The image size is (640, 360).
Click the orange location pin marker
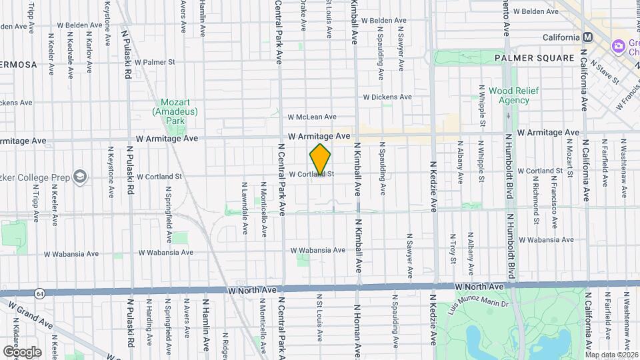point(320,160)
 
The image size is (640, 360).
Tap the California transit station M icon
point(587,37)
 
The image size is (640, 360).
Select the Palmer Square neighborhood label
point(534,58)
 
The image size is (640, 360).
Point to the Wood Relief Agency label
point(509,95)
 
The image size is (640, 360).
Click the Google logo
point(22,351)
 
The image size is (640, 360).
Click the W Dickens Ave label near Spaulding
point(387,97)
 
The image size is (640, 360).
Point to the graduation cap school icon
point(80,177)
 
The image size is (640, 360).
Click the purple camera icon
point(618,46)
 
